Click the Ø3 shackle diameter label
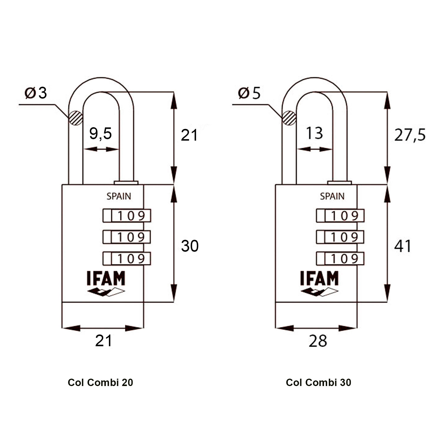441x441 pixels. tap(36, 93)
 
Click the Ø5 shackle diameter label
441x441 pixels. tap(249, 93)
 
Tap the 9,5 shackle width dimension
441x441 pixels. tap(101, 133)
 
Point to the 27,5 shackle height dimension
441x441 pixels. tap(410, 135)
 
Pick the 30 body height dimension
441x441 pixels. tap(190, 246)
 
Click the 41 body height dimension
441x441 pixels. tap(402, 246)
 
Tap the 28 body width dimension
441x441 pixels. tap(318, 341)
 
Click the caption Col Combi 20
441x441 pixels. tap(100, 382)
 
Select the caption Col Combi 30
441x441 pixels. tap(318, 382)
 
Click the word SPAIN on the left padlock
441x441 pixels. tap(119, 196)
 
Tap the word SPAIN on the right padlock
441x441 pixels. tap(332, 196)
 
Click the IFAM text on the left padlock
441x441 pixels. tap(106, 278)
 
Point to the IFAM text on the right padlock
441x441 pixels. tap(320, 278)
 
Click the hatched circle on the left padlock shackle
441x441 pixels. tap(75, 118)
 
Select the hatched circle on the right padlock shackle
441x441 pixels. tap(289, 118)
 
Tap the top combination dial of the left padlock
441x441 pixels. tap(127, 216)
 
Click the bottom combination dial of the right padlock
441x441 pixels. tap(340, 259)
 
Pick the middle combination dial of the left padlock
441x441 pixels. tap(127, 237)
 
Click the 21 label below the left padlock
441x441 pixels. tap(103, 341)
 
